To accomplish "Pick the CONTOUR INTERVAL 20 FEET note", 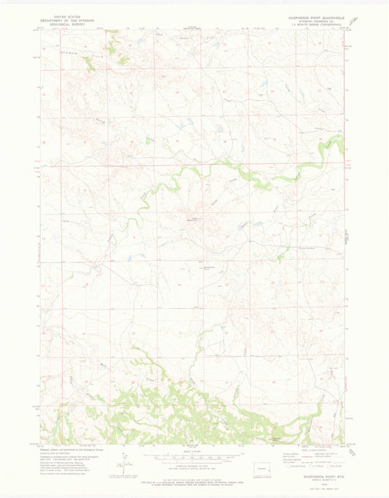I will point(193,465).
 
